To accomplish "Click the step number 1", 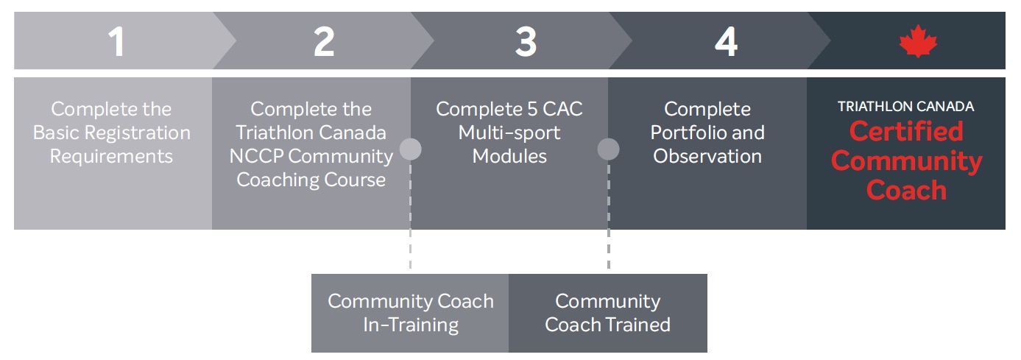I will (x=116, y=43).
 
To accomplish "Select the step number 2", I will (x=324, y=43).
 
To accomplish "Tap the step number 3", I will (x=526, y=43).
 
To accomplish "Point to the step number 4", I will (x=726, y=43).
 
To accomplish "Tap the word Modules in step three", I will (x=509, y=157).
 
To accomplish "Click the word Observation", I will (x=707, y=157).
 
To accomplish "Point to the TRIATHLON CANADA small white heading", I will (x=905, y=107).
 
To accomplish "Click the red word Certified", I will (x=905, y=132).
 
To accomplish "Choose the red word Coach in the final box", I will (x=906, y=191).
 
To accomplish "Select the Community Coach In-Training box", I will (x=410, y=313).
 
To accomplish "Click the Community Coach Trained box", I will (x=607, y=313).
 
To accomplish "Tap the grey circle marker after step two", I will (x=410, y=149).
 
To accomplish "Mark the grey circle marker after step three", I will (x=608, y=149).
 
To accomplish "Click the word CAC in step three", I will (x=562, y=110).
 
